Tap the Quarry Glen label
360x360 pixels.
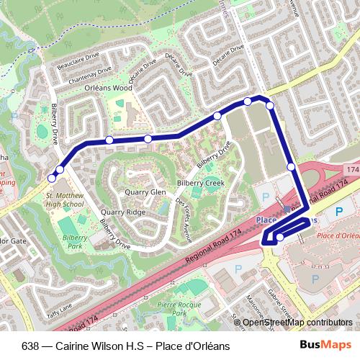(145, 192)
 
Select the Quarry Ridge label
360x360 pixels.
(123, 212)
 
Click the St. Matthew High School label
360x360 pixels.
(65, 199)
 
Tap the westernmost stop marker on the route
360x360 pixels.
(51, 178)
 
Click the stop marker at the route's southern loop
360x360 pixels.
(280, 237)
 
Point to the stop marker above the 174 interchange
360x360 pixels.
(291, 167)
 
